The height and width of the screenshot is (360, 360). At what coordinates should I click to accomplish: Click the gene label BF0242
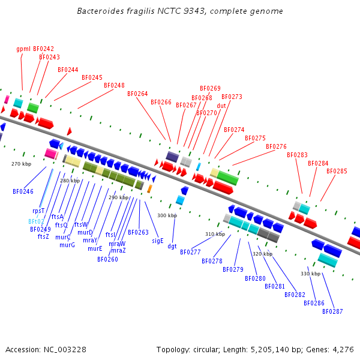tap(43, 49)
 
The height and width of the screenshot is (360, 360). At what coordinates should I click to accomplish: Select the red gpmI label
tap(23, 49)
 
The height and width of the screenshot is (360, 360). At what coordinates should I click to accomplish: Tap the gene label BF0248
tap(114, 85)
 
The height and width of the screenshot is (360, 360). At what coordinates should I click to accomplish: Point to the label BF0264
tap(137, 94)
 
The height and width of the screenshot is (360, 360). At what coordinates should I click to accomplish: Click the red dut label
tap(221, 106)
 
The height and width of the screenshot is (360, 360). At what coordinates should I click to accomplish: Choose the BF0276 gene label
tap(276, 146)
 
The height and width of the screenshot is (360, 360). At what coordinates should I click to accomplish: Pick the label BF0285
tap(337, 171)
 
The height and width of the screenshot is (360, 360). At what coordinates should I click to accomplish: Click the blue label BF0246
tap(23, 191)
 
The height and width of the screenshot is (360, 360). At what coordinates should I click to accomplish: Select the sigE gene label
tap(157, 240)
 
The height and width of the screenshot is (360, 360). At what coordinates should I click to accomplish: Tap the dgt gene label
tap(172, 246)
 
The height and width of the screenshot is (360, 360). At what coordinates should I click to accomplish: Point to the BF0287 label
tap(332, 311)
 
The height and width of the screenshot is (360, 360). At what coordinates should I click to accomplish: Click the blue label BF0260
tap(107, 259)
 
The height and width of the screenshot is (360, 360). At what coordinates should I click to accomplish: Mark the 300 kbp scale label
tap(167, 215)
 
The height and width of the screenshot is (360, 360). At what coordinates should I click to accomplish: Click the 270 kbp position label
tap(21, 164)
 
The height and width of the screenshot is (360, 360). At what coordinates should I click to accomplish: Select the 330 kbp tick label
tap(310, 274)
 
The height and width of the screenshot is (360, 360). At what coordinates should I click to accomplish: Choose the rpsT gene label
tap(38, 211)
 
